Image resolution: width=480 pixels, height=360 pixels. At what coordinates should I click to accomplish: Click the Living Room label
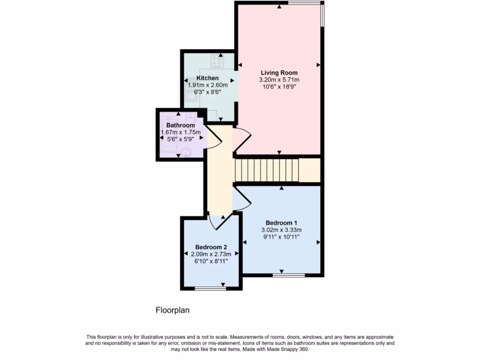point(279,73)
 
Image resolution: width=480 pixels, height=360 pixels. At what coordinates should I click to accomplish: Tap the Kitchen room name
point(207,78)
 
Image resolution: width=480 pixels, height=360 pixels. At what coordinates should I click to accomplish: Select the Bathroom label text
point(180,126)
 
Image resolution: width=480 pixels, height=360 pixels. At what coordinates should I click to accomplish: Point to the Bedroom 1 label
point(281,223)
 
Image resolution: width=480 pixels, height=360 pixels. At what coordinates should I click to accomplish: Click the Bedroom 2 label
point(211,247)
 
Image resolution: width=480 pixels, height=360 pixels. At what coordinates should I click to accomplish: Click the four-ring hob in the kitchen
point(217,61)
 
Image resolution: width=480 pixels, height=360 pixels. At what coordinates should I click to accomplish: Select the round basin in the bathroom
point(186,152)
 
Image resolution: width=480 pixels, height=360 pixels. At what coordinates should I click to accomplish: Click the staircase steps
point(266,169)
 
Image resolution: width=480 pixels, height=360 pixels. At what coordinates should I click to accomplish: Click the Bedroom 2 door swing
point(219,222)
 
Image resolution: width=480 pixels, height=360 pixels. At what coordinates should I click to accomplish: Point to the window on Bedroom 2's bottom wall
point(207,289)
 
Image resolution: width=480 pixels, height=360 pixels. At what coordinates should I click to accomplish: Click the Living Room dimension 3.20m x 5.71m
point(279,80)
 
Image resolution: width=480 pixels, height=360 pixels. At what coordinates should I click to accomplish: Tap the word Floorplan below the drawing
point(172,310)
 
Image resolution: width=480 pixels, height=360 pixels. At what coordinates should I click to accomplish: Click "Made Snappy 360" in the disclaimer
point(289,349)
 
